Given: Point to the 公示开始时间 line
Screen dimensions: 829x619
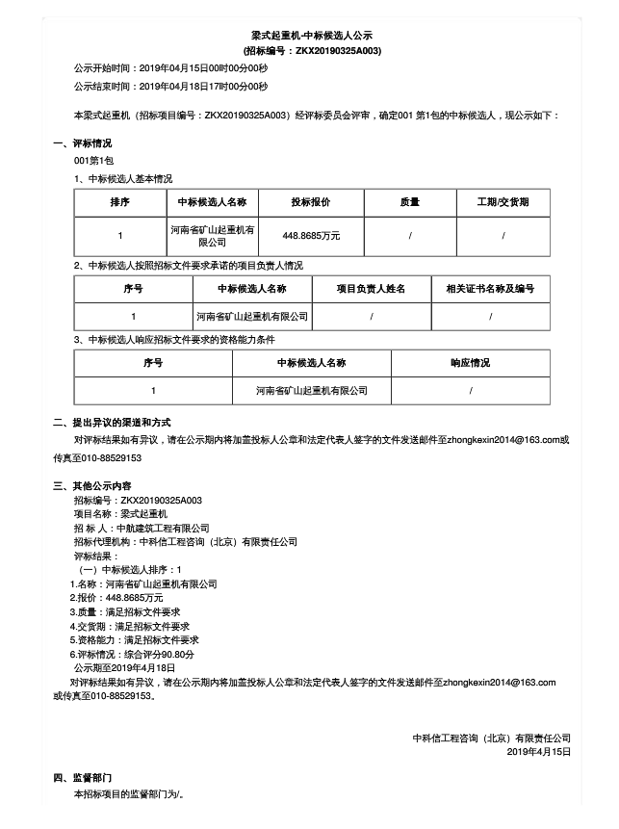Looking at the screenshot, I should point(170,68).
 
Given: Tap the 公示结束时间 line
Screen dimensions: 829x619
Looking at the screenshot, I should point(170,88).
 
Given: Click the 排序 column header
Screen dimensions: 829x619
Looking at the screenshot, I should point(120,202).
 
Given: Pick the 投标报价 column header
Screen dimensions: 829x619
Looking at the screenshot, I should point(311,202).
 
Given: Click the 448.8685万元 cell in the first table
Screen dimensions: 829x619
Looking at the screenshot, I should point(311,235).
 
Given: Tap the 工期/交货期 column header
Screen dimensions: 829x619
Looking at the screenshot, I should point(503,202).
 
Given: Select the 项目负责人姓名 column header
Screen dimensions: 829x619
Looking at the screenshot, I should point(371,288).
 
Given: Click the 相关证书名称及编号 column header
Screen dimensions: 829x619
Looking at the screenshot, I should point(490,288).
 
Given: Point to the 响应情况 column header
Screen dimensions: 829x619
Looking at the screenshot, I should point(470,363).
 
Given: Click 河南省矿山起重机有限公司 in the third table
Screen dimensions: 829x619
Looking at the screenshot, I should point(312,391).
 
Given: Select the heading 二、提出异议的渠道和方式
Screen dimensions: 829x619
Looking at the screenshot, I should point(112,422).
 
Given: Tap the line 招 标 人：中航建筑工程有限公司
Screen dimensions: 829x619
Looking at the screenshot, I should point(142,528).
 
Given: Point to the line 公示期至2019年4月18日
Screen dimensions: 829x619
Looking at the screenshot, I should point(124,667).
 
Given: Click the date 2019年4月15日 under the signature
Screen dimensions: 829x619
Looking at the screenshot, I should point(538,751).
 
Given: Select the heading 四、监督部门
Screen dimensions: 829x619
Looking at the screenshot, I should point(83,778).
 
